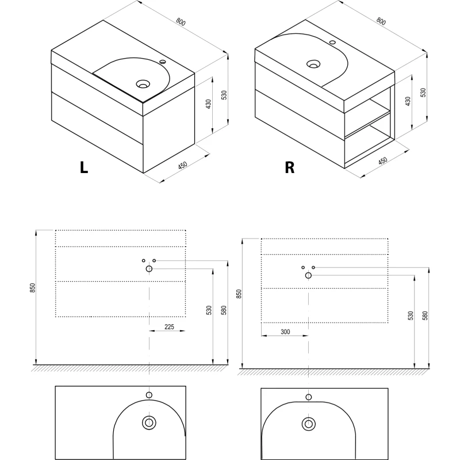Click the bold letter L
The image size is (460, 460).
[84, 168]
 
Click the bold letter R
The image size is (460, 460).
[290, 167]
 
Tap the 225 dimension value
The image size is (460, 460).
[169, 327]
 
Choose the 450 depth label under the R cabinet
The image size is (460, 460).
[383, 161]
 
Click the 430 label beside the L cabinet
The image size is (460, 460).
[209, 103]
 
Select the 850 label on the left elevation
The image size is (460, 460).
[33, 287]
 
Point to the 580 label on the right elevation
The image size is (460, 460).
[425, 316]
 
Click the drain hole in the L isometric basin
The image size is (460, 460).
[142, 85]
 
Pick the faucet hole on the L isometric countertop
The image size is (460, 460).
[163, 62]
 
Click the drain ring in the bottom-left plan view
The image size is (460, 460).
[149, 423]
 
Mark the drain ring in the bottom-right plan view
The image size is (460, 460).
[309, 424]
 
